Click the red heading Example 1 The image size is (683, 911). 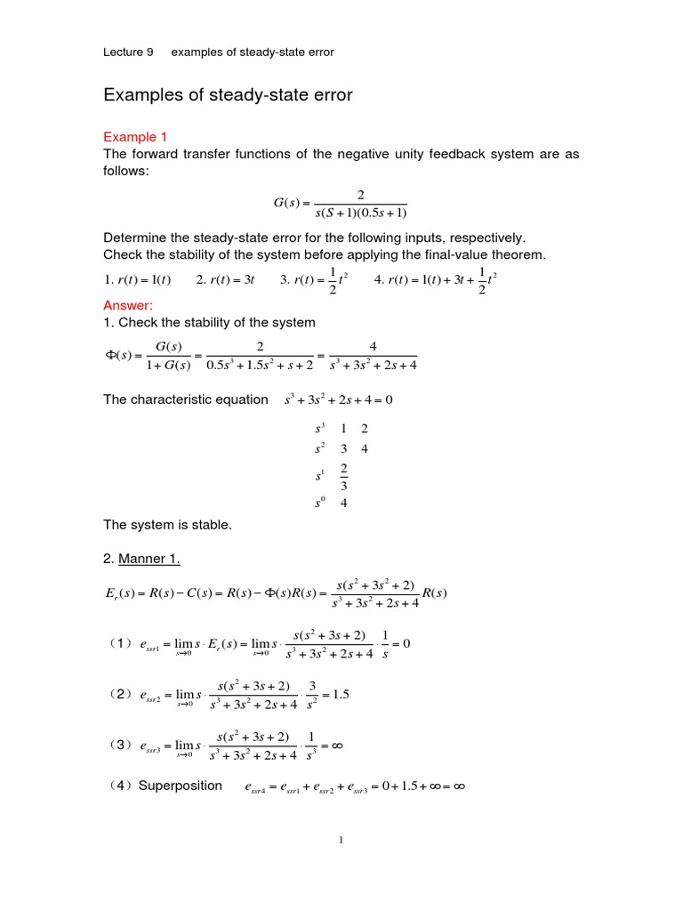click(x=135, y=137)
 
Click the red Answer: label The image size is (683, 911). click(x=128, y=305)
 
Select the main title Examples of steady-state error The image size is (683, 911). click(x=228, y=95)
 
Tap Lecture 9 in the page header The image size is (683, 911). click(x=128, y=52)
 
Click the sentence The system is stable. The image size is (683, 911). click(x=167, y=525)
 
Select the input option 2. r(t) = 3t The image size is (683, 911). click(x=225, y=279)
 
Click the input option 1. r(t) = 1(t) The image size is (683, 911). click(x=137, y=279)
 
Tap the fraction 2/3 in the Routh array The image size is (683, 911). click(x=343, y=476)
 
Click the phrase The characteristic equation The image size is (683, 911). click(x=185, y=399)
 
